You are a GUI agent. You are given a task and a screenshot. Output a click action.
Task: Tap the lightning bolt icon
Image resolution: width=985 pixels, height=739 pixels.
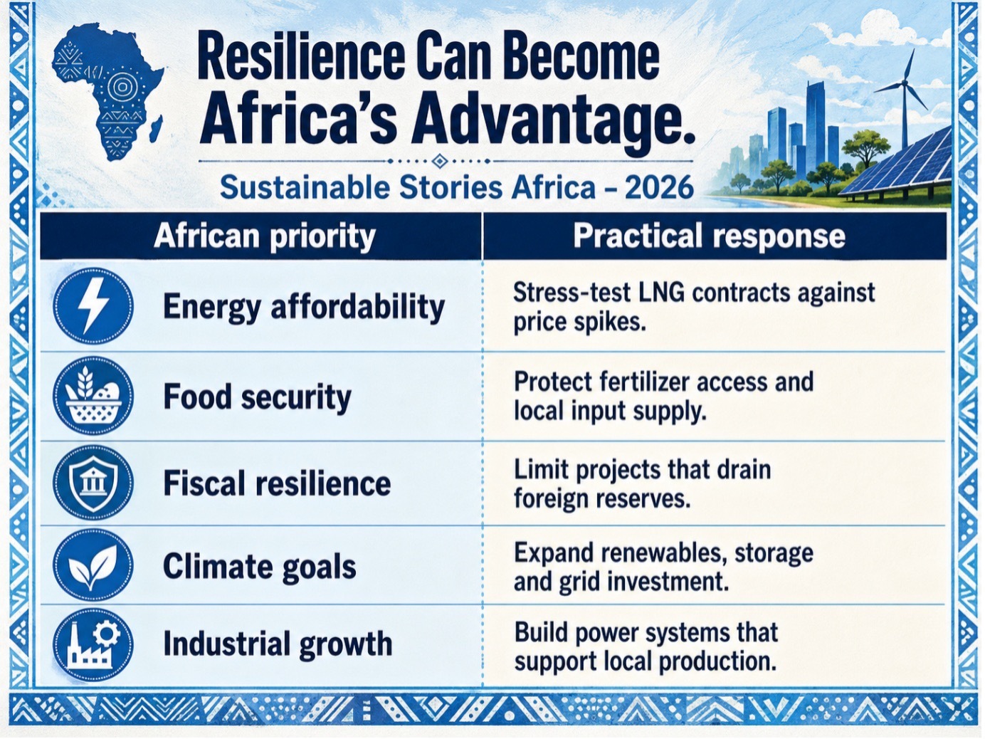(x=93, y=306)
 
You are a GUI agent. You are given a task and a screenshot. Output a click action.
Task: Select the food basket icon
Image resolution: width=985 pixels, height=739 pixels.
(x=93, y=396)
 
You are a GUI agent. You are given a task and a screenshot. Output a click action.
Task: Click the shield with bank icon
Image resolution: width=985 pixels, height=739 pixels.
(x=93, y=483)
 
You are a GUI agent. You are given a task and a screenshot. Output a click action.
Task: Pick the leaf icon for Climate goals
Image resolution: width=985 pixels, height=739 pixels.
(x=93, y=565)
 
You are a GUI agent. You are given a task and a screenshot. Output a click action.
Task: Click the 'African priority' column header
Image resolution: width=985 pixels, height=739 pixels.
(x=265, y=236)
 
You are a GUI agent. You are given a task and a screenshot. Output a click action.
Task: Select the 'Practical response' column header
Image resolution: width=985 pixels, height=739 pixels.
(x=709, y=236)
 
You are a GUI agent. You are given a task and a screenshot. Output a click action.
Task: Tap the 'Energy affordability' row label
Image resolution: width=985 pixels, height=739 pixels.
(x=304, y=308)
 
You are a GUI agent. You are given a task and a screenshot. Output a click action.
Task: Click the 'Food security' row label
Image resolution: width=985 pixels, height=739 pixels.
(x=257, y=397)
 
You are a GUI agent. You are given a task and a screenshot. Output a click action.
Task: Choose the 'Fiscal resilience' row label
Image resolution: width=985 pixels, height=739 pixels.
(x=277, y=483)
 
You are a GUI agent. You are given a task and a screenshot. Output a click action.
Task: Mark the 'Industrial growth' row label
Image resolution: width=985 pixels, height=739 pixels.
(x=278, y=644)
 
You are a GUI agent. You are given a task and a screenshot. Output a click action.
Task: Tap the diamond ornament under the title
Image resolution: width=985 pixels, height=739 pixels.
(x=440, y=161)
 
